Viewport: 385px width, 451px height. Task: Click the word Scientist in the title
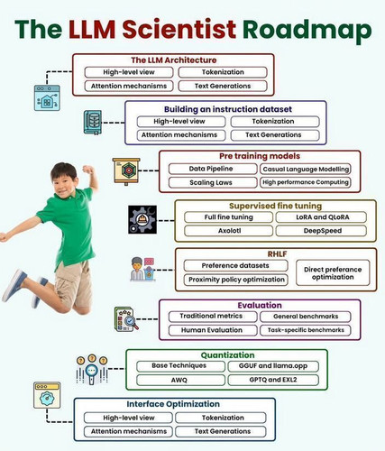click(x=179, y=29)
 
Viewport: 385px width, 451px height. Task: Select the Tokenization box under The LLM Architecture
click(x=223, y=72)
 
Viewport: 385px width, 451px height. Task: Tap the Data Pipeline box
click(x=213, y=169)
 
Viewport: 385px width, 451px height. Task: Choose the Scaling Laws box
click(x=213, y=182)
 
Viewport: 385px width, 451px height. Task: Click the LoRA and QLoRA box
click(x=321, y=217)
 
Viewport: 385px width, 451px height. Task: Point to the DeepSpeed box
click(x=321, y=231)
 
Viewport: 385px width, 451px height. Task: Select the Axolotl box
click(x=228, y=231)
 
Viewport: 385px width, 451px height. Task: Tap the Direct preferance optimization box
click(x=333, y=273)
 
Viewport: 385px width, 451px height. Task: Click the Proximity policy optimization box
click(x=236, y=280)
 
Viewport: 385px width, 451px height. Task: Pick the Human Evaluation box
click(x=213, y=330)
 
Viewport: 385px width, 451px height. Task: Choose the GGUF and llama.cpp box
click(x=273, y=366)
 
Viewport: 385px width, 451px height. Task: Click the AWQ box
click(x=180, y=380)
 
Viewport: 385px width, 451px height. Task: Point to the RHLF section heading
click(x=277, y=254)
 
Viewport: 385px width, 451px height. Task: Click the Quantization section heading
click(x=227, y=355)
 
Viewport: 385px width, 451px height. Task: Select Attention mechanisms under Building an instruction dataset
click(x=181, y=135)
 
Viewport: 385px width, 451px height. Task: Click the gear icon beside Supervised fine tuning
click(x=142, y=220)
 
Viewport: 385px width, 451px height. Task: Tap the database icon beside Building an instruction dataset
click(x=93, y=122)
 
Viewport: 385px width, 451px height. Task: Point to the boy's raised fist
click(x=88, y=170)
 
